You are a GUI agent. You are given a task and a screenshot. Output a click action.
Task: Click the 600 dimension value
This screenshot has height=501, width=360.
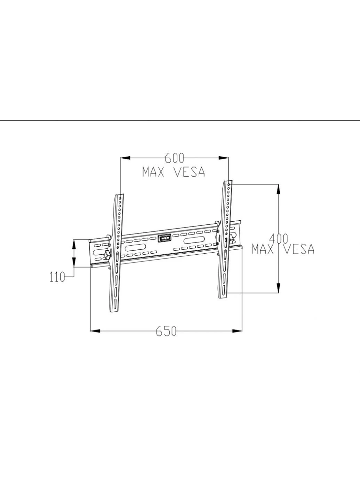[x=174, y=158]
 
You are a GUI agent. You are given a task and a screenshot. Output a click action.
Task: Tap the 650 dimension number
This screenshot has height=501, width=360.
[x=166, y=331]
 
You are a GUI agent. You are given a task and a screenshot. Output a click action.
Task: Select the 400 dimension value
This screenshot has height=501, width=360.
[x=278, y=239]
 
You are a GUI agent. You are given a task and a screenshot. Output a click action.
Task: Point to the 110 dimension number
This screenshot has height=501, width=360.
[x=57, y=277]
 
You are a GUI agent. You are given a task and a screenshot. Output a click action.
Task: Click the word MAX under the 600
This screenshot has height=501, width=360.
[x=153, y=172]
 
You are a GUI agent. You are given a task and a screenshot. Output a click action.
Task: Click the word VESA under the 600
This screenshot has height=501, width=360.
[x=189, y=172]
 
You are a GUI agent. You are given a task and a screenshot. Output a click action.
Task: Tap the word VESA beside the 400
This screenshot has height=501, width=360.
[x=299, y=249]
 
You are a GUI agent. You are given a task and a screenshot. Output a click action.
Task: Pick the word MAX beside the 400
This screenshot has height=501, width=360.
[x=263, y=249]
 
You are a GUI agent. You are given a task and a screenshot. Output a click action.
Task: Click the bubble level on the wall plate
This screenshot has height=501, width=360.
[x=164, y=238]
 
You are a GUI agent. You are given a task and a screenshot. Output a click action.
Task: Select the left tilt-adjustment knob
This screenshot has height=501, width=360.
[x=108, y=254]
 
